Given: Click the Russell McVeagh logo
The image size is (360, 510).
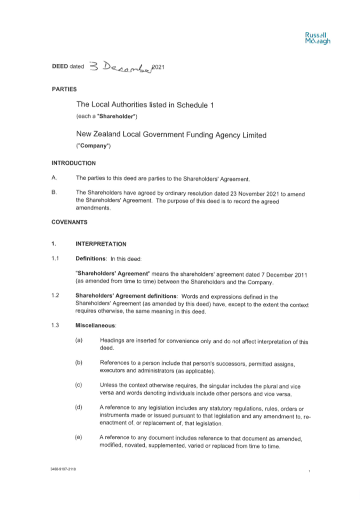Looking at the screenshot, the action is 318,38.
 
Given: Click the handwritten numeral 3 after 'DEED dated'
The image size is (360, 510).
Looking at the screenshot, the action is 94,66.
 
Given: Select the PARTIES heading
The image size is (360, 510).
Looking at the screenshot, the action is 64,89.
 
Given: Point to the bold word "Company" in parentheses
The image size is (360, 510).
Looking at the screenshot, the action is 94,146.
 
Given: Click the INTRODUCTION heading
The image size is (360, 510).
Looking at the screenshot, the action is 74,163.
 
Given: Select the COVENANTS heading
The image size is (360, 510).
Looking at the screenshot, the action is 69,222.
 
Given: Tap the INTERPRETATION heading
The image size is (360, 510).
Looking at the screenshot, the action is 101,244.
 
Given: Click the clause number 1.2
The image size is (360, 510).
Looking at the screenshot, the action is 55,295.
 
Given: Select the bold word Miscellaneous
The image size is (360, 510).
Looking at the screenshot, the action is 95,325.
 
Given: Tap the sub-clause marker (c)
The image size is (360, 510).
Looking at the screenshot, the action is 79,385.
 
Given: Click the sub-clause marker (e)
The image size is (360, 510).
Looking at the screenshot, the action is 79,437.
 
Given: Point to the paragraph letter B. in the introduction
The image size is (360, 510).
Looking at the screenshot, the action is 54,192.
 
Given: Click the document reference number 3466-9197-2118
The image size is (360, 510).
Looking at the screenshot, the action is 63,469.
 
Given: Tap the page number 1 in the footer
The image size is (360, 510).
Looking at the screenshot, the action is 309,471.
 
